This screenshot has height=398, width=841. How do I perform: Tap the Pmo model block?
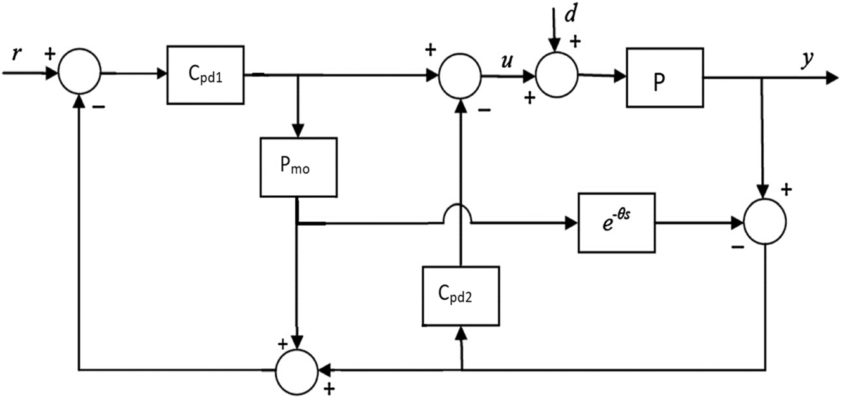click(297, 166)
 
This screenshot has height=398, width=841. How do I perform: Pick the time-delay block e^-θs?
click(616, 222)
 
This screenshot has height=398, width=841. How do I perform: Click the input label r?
click(16, 56)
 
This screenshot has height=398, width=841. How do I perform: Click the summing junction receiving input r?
click(79, 74)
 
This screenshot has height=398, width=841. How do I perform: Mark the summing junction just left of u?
click(461, 75)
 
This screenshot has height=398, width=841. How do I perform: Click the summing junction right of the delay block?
click(765, 222)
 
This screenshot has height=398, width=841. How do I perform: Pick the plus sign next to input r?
click(49, 54)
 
